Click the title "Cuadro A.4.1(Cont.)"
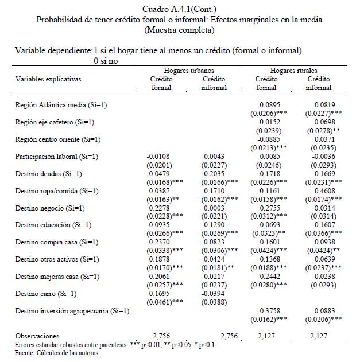(179, 9)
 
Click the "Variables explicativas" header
(49, 78)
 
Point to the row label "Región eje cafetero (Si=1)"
(55, 122)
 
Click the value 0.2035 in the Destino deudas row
(214, 173)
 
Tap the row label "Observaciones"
(36, 335)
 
